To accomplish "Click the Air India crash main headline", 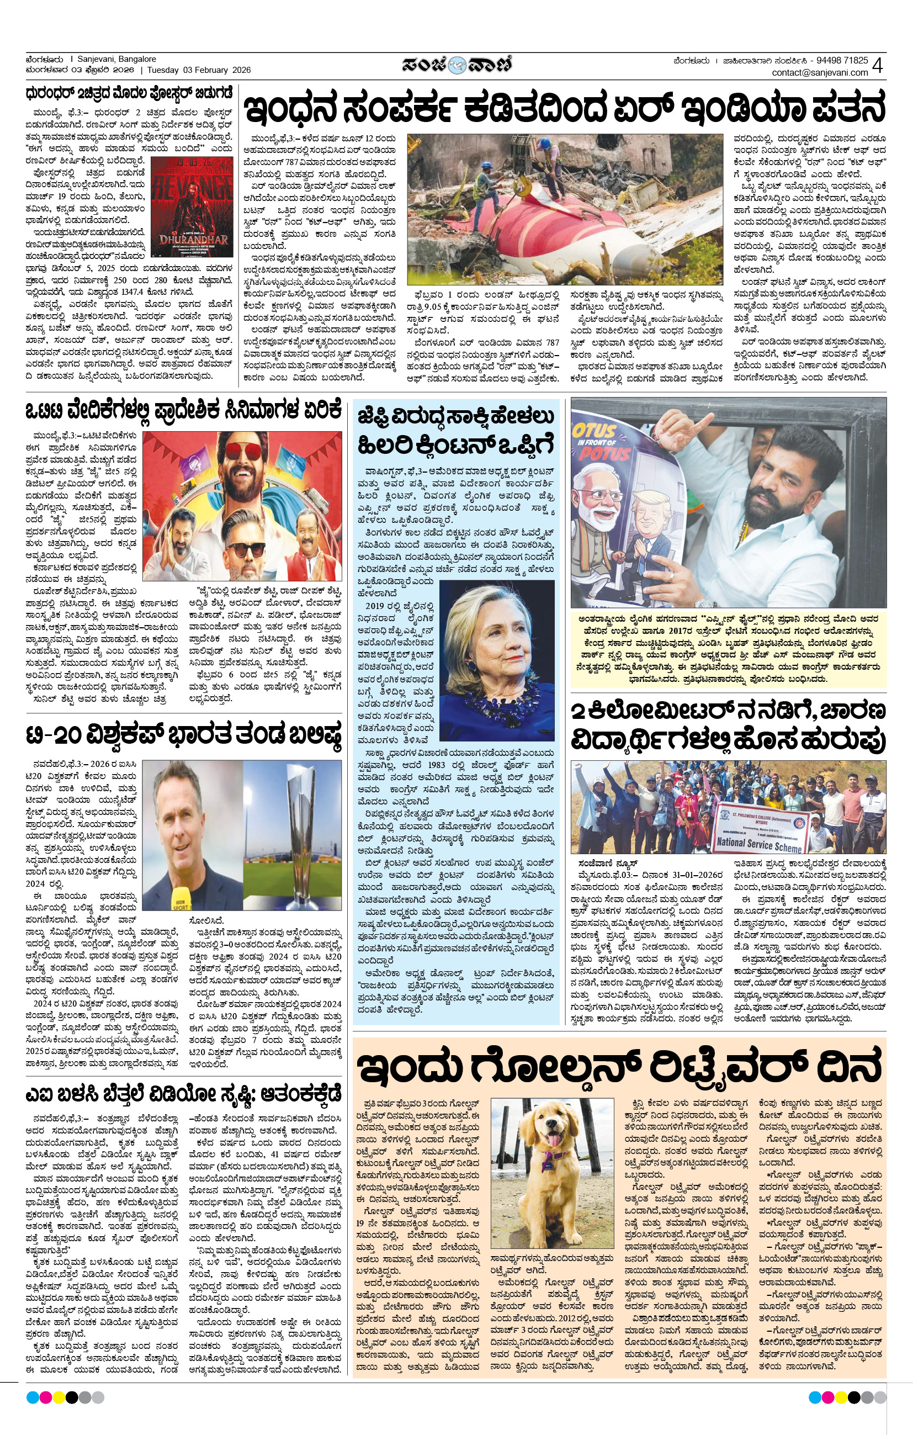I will pos(563,108).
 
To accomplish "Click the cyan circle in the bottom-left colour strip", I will pos(32,1397).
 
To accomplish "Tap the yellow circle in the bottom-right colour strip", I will pos(841,1397).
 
